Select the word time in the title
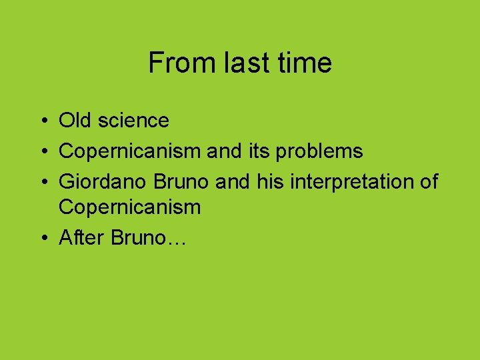click(303, 63)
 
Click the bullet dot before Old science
click(42, 121)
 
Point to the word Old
click(75, 121)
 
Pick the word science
click(133, 121)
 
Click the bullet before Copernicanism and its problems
click(42, 151)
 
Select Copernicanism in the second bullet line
click(130, 151)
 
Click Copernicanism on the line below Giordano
click(130, 208)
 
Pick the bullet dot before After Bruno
click(42, 238)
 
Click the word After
click(82, 237)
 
